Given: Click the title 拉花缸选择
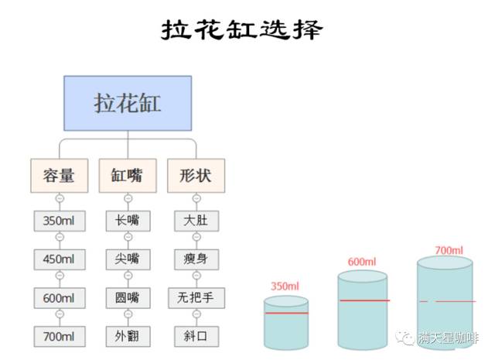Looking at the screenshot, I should (242, 29).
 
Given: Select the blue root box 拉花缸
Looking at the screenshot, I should (128, 104).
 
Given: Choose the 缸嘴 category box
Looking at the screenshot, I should (128, 176).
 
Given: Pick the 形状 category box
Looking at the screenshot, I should (195, 176).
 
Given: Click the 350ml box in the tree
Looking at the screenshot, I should (60, 221).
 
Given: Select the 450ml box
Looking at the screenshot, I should (60, 259).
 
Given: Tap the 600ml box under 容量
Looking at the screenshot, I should (60, 297).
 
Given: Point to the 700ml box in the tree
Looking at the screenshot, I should (60, 336).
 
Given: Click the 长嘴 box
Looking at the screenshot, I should (128, 221).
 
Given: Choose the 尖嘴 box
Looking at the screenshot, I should (128, 259).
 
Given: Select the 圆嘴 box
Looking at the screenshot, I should (128, 297).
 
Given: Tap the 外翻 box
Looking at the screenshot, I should (128, 336).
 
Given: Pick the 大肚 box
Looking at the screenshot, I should (196, 221).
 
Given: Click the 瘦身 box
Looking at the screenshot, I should (196, 259).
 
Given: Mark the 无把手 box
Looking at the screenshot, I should (196, 297).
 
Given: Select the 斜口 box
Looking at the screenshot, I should (196, 336).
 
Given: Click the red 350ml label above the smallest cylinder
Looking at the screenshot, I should (285, 286).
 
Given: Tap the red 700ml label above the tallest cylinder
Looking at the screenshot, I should (449, 251).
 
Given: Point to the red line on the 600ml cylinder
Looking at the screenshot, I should (363, 300).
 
